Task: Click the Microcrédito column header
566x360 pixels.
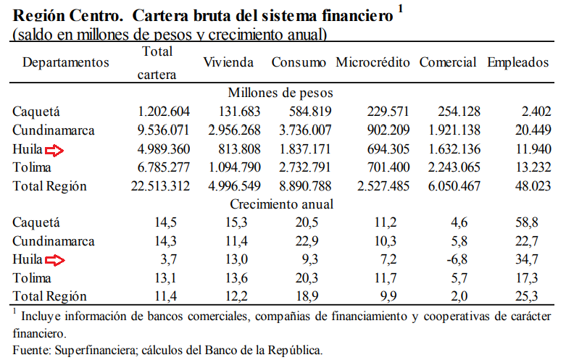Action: pos(373,62)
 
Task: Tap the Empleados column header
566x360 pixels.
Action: pos(518,62)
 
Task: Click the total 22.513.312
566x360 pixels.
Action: pos(160,186)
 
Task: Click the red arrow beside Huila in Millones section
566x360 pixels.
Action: pos(54,149)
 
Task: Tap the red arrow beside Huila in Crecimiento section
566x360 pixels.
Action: pos(54,259)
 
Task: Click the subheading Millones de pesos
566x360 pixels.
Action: pos(280,93)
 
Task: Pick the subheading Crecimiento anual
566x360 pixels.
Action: pos(281,204)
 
